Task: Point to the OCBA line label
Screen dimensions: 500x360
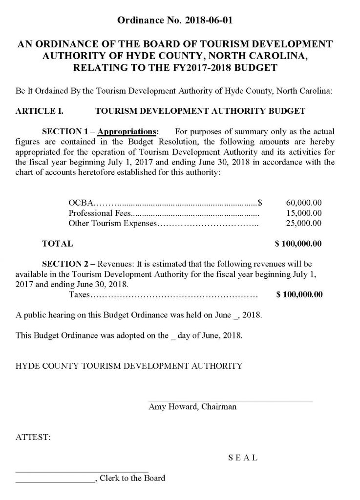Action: click(80, 202)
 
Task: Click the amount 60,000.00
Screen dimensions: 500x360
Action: click(303, 202)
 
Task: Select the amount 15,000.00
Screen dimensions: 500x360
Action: click(303, 213)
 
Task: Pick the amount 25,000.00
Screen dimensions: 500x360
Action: click(303, 224)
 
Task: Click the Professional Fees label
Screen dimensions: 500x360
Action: click(98, 213)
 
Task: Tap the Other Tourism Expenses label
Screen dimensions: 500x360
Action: click(112, 224)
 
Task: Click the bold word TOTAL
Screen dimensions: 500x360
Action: click(58, 243)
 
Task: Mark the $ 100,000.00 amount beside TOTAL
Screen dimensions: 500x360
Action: click(298, 243)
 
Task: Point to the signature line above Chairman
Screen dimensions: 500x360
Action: click(230, 400)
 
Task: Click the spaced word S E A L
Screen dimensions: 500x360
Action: click(243, 458)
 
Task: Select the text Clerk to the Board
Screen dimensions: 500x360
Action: click(132, 478)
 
